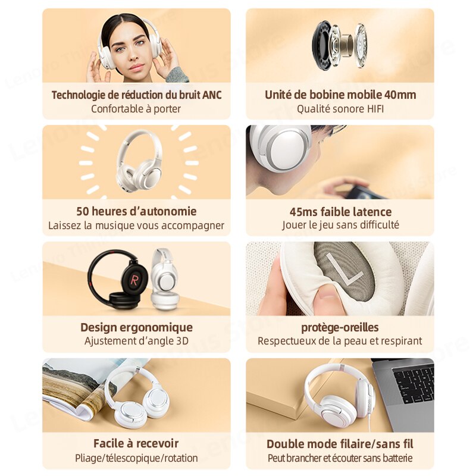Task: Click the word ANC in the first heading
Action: point(212,95)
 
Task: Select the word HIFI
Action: point(375,109)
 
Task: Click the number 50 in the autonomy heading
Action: point(83,211)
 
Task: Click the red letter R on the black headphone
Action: point(134,279)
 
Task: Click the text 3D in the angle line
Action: point(182,341)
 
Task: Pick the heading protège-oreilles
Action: point(340,328)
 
